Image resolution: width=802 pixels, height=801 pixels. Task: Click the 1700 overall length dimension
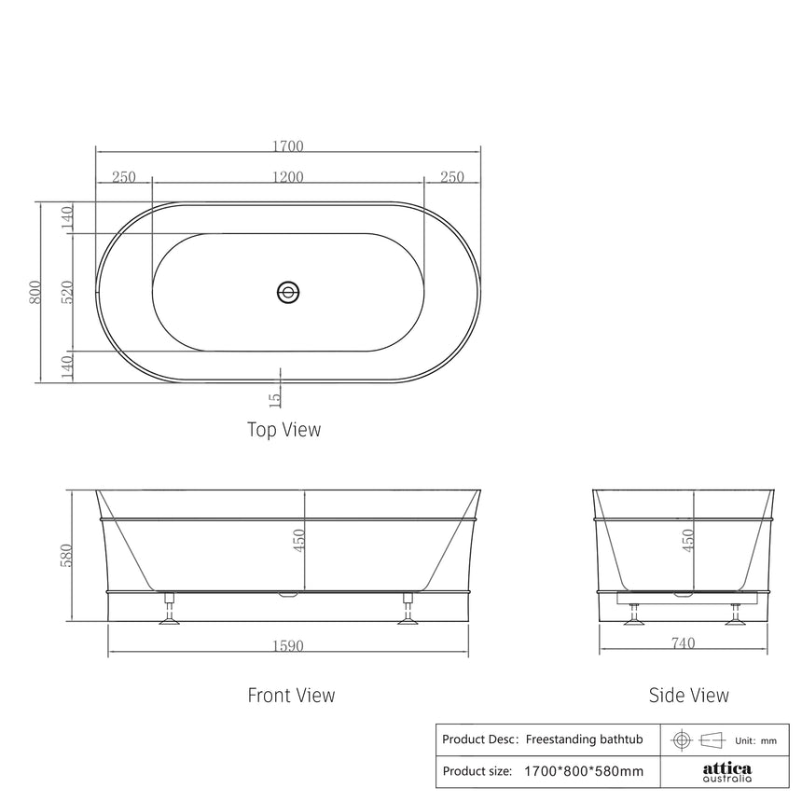pyautogui.click(x=288, y=146)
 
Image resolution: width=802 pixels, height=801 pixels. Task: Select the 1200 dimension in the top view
pyautogui.click(x=288, y=178)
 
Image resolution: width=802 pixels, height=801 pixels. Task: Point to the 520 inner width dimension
pyautogui.click(x=67, y=293)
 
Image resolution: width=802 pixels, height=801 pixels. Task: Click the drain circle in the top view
pyautogui.click(x=288, y=293)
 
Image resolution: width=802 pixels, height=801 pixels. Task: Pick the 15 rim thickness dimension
pyautogui.click(x=274, y=398)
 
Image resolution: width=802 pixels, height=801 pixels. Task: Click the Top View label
pyautogui.click(x=283, y=430)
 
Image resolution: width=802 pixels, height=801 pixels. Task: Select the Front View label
pyautogui.click(x=291, y=695)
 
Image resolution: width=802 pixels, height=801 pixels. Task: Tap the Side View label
pyautogui.click(x=688, y=695)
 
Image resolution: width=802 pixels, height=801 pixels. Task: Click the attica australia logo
pyautogui.click(x=726, y=772)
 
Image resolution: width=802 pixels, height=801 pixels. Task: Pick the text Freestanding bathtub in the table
pyautogui.click(x=585, y=739)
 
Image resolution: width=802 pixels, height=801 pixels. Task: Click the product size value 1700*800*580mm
pyautogui.click(x=584, y=771)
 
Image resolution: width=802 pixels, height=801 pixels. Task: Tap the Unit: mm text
pyautogui.click(x=755, y=740)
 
